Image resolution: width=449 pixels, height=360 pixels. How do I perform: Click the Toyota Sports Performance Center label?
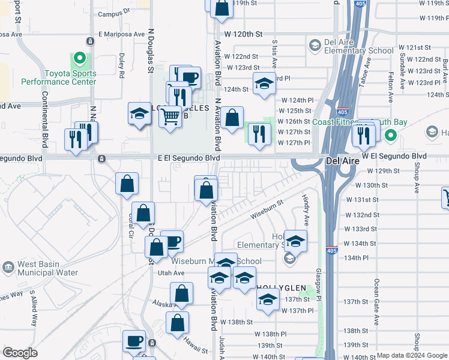click(x=58, y=77)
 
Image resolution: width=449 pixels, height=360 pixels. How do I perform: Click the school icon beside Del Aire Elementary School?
click(x=315, y=45)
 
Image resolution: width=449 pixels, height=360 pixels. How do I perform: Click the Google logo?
click(x=20, y=353)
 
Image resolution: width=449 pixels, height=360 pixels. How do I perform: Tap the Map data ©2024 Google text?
click(x=411, y=355)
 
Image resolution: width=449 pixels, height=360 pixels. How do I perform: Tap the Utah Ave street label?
click(x=171, y=272)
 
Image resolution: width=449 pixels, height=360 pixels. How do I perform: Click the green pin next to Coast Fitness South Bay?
click(x=391, y=135)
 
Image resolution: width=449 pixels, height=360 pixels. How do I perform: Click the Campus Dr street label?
click(x=114, y=13)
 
